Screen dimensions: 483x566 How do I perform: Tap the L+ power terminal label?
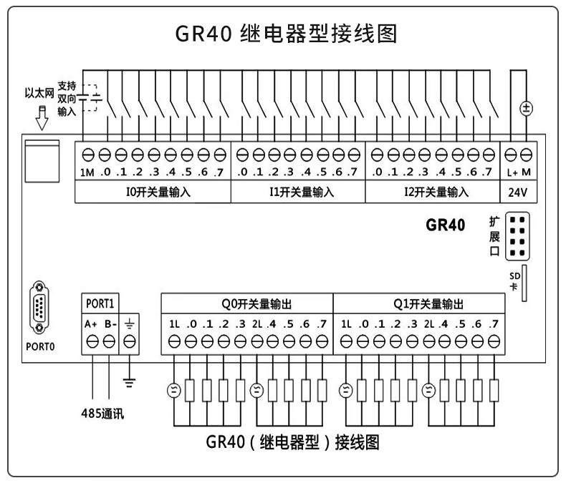click(x=512, y=172)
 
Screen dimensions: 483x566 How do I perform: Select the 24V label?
click(x=519, y=192)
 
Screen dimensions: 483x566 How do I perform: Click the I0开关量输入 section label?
click(x=153, y=192)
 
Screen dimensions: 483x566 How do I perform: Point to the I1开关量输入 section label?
click(x=297, y=192)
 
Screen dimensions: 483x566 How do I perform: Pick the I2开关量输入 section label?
click(x=432, y=192)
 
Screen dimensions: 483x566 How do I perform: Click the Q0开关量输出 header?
click(x=247, y=303)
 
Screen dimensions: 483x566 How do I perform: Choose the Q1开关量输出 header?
click(x=419, y=303)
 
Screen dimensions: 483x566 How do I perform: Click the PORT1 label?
click(x=101, y=303)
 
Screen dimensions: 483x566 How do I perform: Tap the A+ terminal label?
click(x=92, y=323)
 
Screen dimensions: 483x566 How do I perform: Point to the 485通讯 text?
click(x=101, y=413)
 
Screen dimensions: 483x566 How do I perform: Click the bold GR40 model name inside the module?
click(x=445, y=225)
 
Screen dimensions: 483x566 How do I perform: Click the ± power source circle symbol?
click(x=526, y=109)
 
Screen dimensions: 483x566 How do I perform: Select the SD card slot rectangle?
click(x=525, y=282)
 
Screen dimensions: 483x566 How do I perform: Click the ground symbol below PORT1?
click(x=130, y=382)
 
